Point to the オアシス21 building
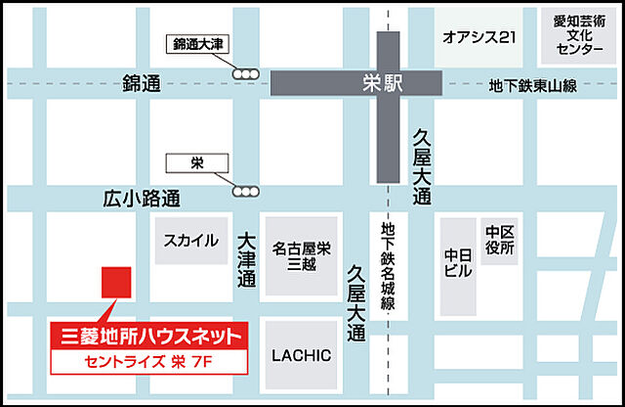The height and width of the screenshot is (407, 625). click(x=479, y=38)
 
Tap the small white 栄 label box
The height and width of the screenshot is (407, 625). click(x=196, y=161)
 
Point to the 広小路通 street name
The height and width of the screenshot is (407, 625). click(x=142, y=199)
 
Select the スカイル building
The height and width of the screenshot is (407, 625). click(x=191, y=240)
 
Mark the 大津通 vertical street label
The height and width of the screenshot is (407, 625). click(x=245, y=258)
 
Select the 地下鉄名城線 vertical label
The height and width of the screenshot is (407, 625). click(x=388, y=266)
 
